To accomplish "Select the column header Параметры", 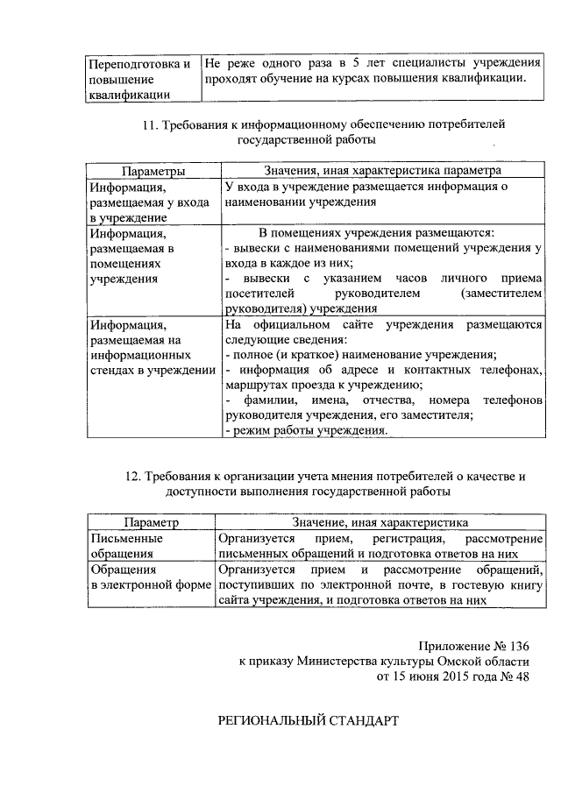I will [153, 171].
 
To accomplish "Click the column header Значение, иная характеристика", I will [380, 522].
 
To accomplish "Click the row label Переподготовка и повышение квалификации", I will [139, 78].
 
